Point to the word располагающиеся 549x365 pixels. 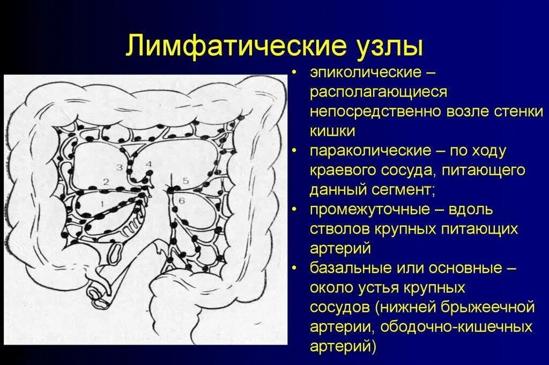(378, 92)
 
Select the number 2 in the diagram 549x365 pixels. (106, 182)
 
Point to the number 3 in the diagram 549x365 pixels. (120, 168)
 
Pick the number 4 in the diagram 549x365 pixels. (149, 163)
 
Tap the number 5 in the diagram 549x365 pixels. (186, 181)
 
